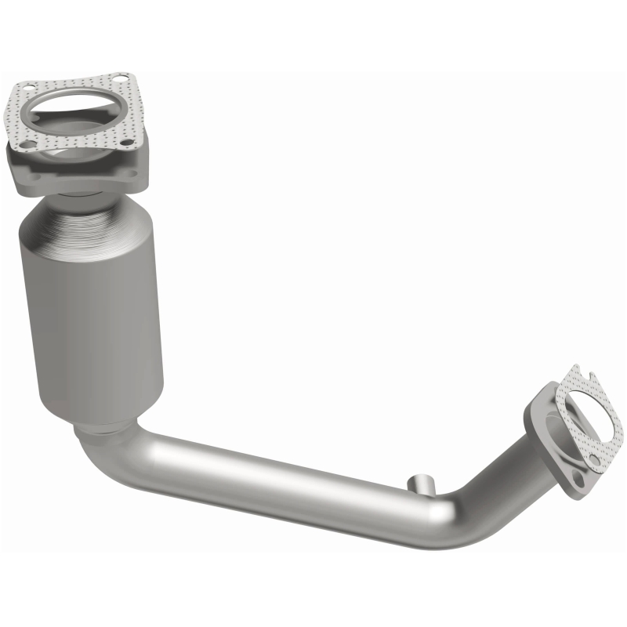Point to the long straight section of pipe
[274, 486]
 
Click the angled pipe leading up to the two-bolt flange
[509, 462]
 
